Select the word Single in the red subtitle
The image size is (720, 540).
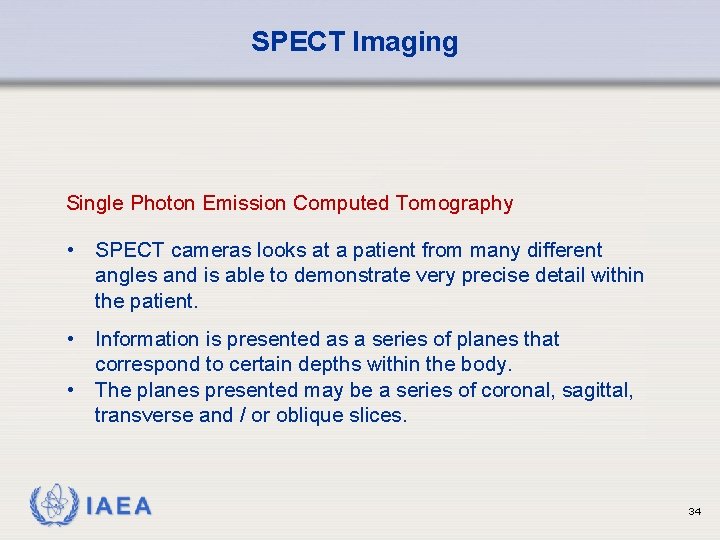point(95,203)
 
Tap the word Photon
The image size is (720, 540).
point(163,203)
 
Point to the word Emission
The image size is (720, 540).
point(245,203)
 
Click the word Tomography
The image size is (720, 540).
point(454,203)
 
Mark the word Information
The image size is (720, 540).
point(149,339)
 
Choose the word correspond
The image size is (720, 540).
point(145,365)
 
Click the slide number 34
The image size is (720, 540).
point(695,511)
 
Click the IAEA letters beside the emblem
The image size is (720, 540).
point(119,507)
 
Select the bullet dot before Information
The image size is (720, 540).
point(73,339)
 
